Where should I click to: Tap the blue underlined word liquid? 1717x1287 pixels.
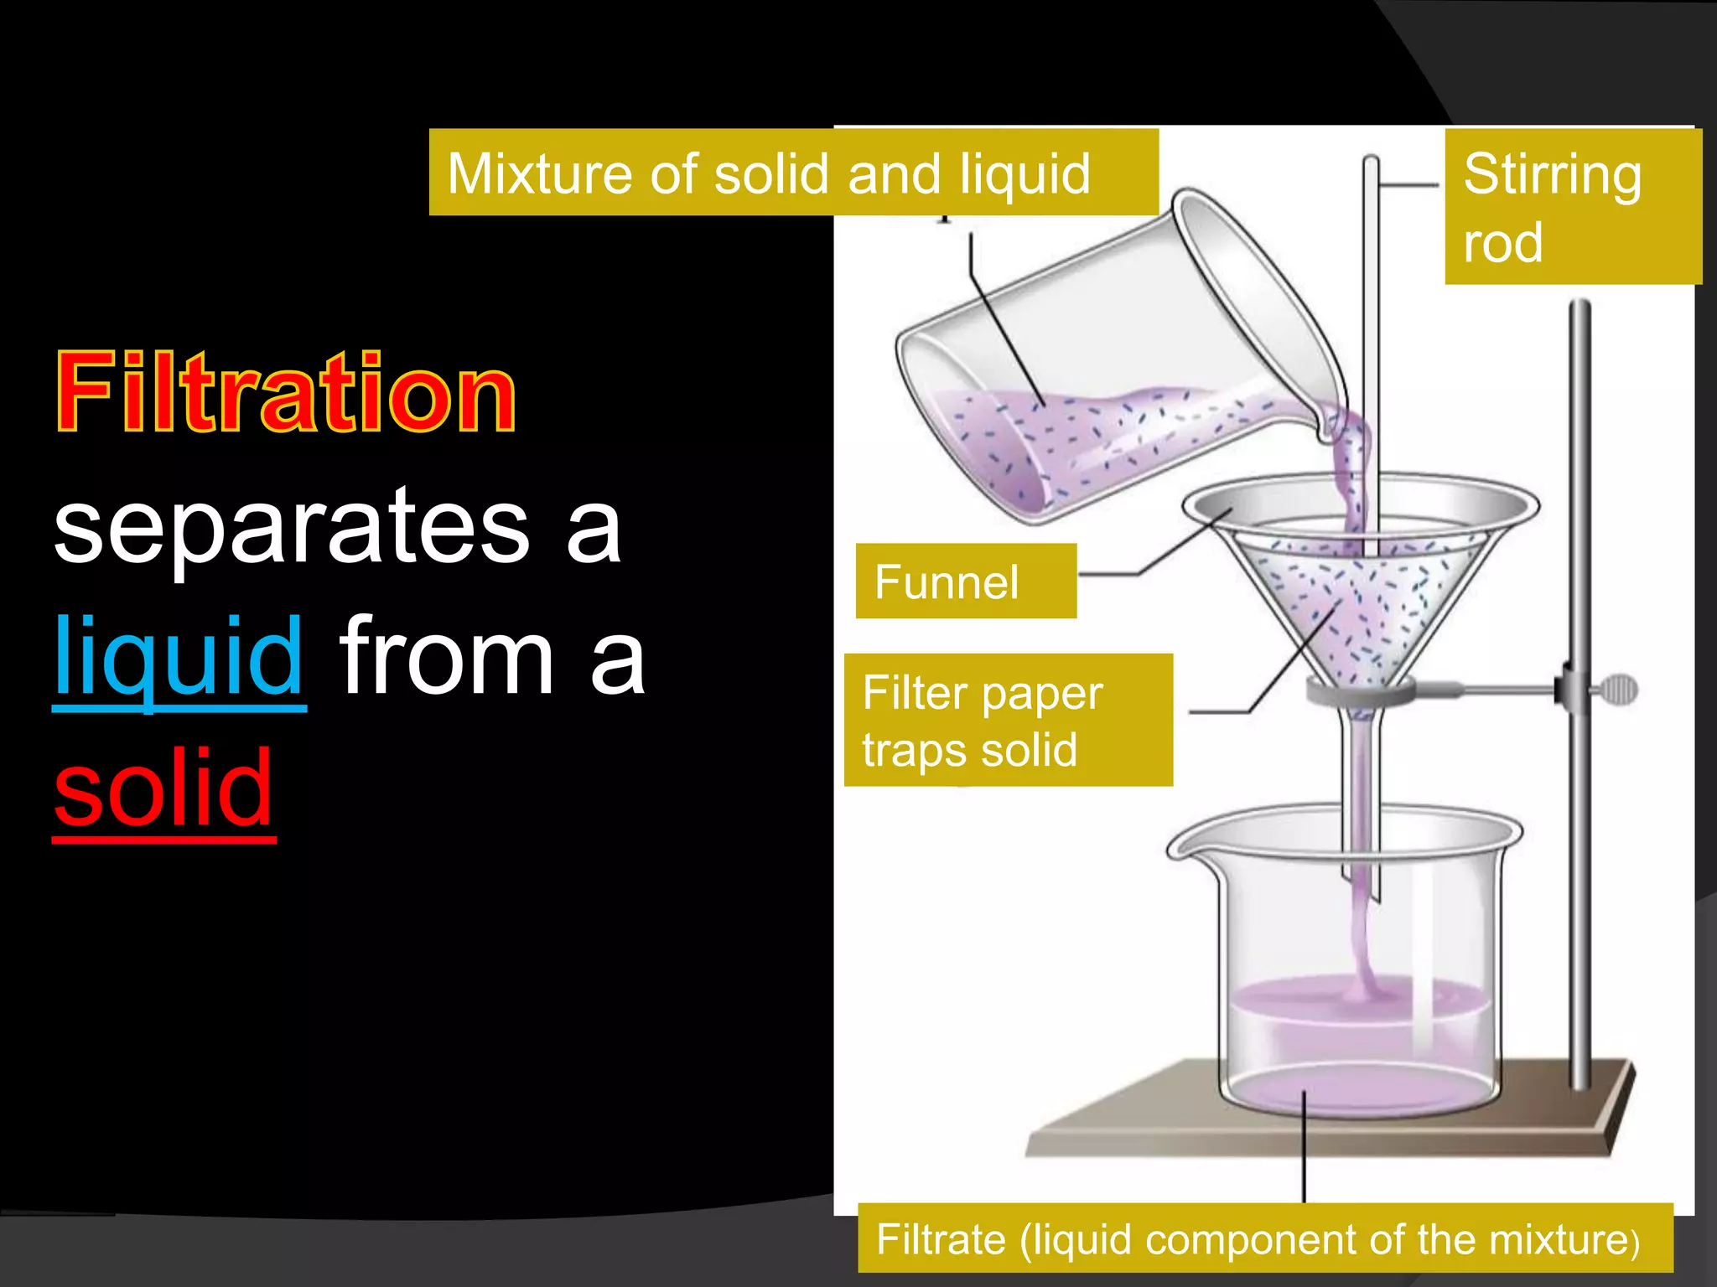[x=179, y=657]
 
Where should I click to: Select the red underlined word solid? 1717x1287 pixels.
[x=163, y=788]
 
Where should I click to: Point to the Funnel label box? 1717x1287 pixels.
[x=966, y=581]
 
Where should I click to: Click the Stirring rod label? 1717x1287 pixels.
[x=1572, y=206]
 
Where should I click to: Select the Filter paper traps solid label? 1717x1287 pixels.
[x=1008, y=720]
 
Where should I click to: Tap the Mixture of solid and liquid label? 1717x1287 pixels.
[x=793, y=173]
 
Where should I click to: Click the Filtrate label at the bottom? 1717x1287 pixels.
[x=1264, y=1239]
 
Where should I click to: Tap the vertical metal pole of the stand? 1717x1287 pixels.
[x=1580, y=503]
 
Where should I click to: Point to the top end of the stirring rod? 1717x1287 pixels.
[x=1371, y=163]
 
